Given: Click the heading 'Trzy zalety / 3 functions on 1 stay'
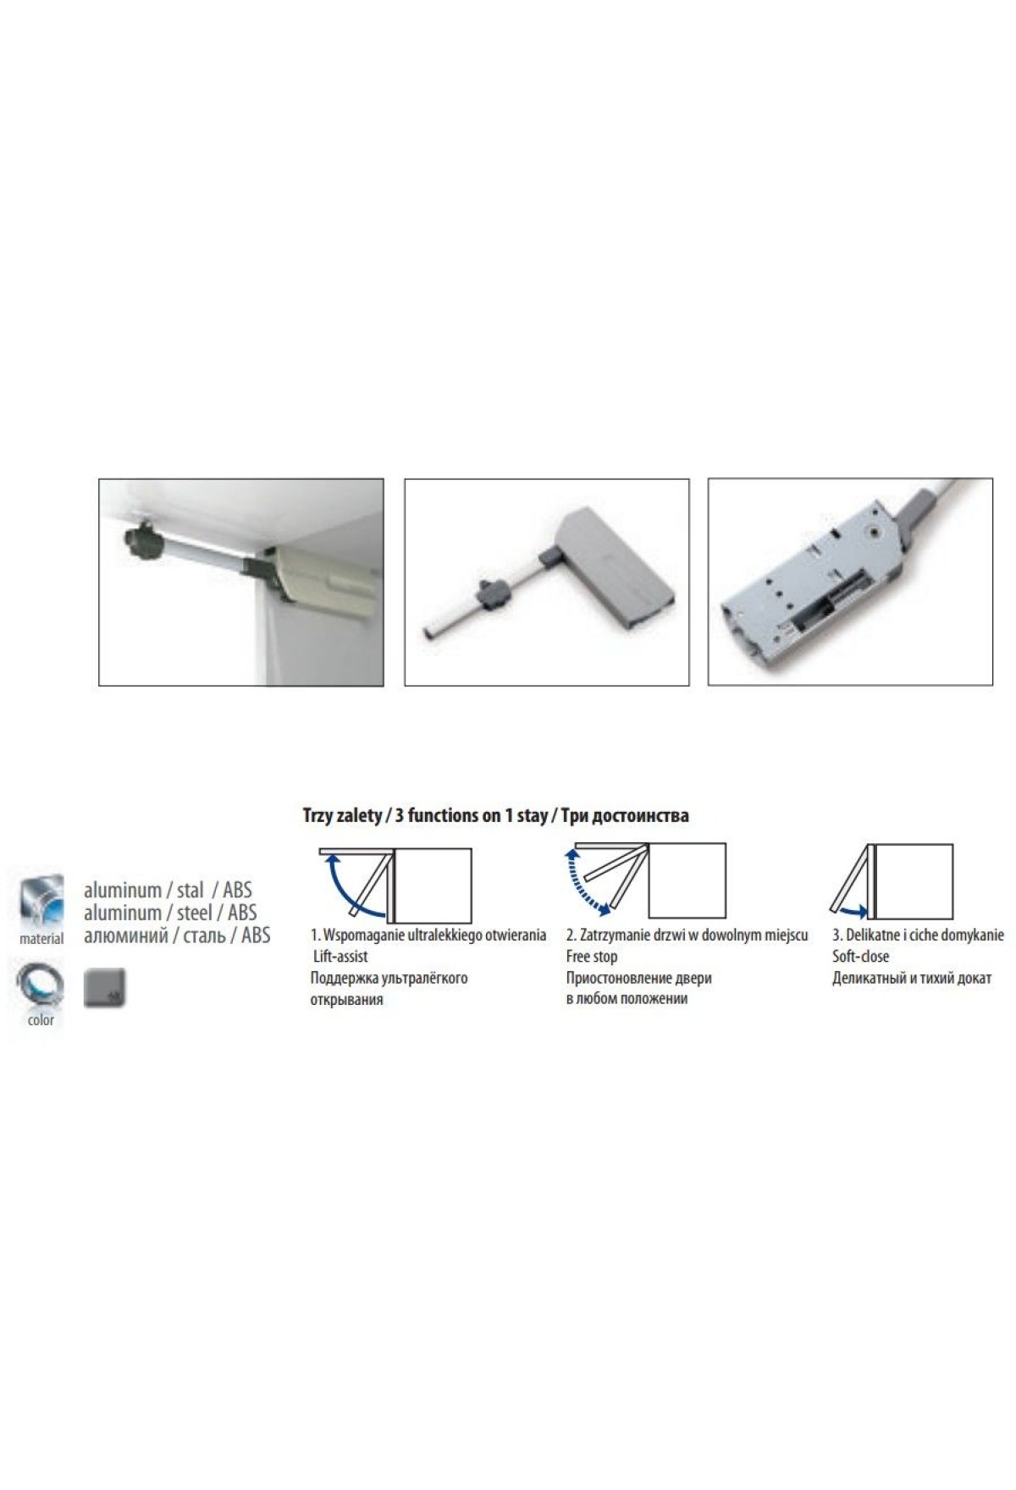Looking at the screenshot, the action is coord(424,815).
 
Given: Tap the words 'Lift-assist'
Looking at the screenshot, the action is coord(340,957).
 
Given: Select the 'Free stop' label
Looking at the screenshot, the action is coord(592,957).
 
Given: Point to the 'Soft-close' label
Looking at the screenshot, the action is coord(860,957).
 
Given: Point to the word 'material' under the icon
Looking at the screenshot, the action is coord(41,938).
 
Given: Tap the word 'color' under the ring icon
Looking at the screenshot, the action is coord(41,1020).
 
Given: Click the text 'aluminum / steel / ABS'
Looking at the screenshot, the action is coord(170,913).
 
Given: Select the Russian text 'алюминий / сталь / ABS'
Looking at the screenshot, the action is coord(177,935).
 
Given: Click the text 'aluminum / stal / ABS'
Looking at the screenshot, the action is coord(168,891).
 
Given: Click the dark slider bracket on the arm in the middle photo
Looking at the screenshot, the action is coord(493,589).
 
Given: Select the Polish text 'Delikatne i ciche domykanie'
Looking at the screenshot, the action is coord(918,935).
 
